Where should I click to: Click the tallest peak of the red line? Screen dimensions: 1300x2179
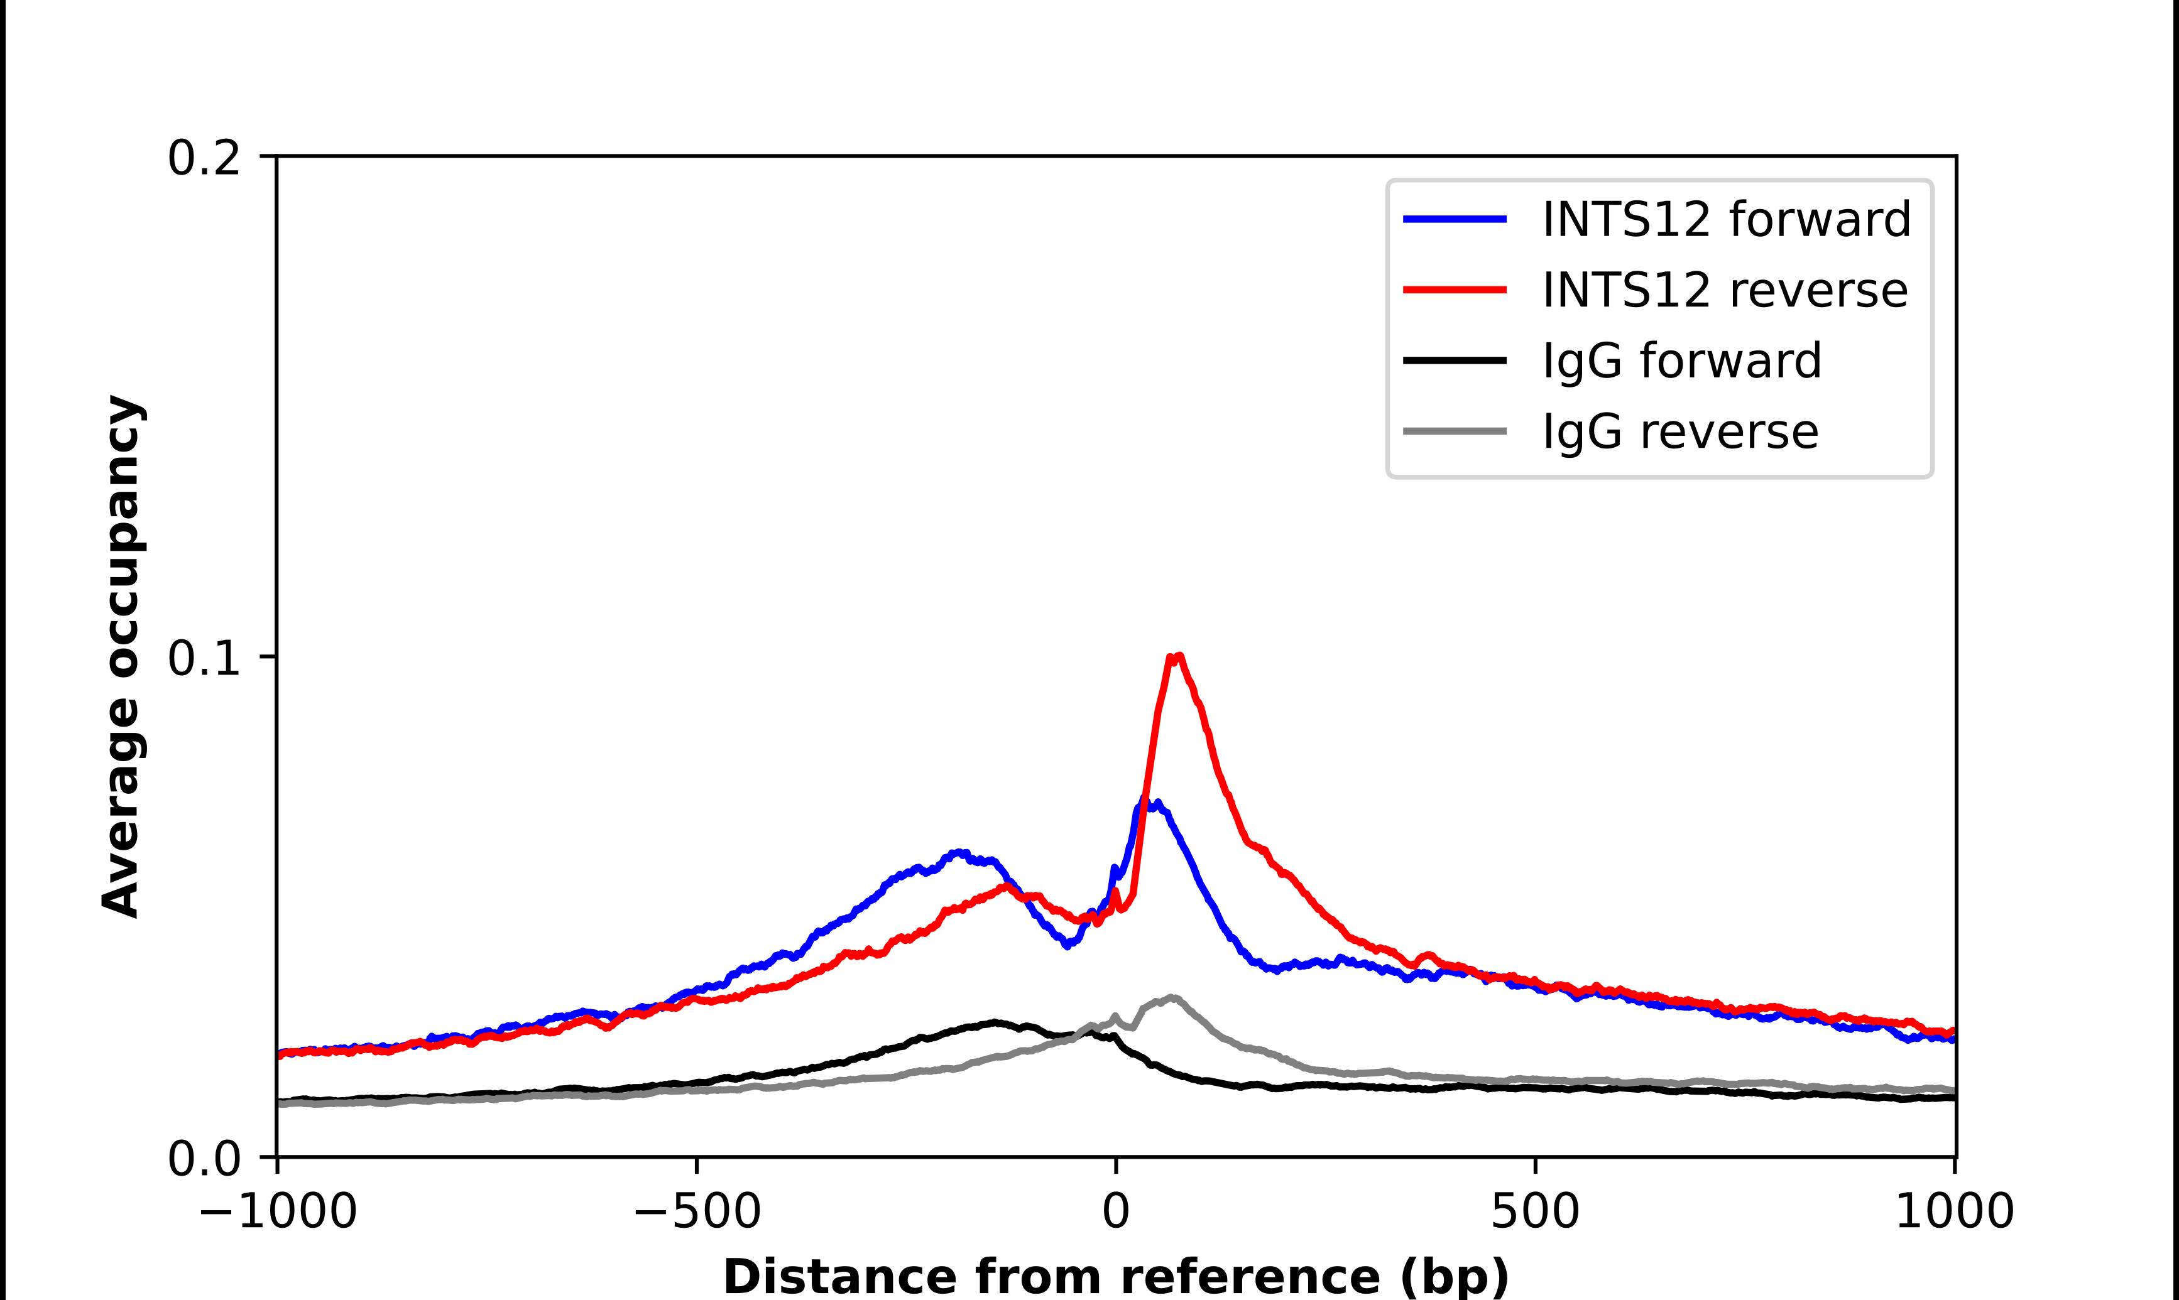(x=1177, y=656)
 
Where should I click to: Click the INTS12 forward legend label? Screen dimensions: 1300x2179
(x=1726, y=219)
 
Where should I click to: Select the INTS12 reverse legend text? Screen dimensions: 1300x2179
(x=1724, y=290)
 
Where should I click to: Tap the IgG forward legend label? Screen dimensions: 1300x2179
(x=1681, y=361)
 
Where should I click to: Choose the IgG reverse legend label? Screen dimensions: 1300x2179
(x=1679, y=432)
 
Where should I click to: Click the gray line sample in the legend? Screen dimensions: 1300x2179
(x=1455, y=431)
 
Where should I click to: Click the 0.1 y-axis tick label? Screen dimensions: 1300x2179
(x=204, y=659)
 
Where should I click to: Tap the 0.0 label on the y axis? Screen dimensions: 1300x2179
(x=204, y=1159)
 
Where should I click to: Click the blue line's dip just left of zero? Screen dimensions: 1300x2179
(x=1067, y=945)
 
